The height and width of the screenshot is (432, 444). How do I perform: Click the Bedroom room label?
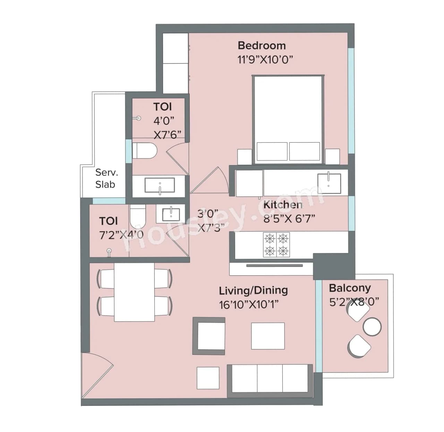pyautogui.click(x=262, y=46)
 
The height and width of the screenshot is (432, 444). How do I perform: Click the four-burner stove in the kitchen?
pyautogui.click(x=276, y=244)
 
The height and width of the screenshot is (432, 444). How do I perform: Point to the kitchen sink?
pyautogui.click(x=329, y=183)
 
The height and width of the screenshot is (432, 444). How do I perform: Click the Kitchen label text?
pyautogui.click(x=283, y=205)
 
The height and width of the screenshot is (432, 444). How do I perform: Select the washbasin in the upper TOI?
pyautogui.click(x=160, y=185)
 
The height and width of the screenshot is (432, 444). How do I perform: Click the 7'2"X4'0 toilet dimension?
pyautogui.click(x=121, y=235)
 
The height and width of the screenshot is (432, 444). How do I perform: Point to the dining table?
pyautogui.click(x=135, y=292)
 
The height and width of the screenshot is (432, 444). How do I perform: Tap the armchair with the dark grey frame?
pyautogui.click(x=209, y=336)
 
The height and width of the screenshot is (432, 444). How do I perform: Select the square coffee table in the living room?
pyautogui.click(x=268, y=336)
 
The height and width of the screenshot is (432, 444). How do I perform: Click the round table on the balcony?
pyautogui.click(x=372, y=326)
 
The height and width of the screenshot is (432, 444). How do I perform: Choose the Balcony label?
pyautogui.click(x=349, y=288)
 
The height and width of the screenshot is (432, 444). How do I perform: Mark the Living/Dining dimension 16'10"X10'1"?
pyautogui.click(x=249, y=305)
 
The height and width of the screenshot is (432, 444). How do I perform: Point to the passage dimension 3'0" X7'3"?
pyautogui.click(x=210, y=221)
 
